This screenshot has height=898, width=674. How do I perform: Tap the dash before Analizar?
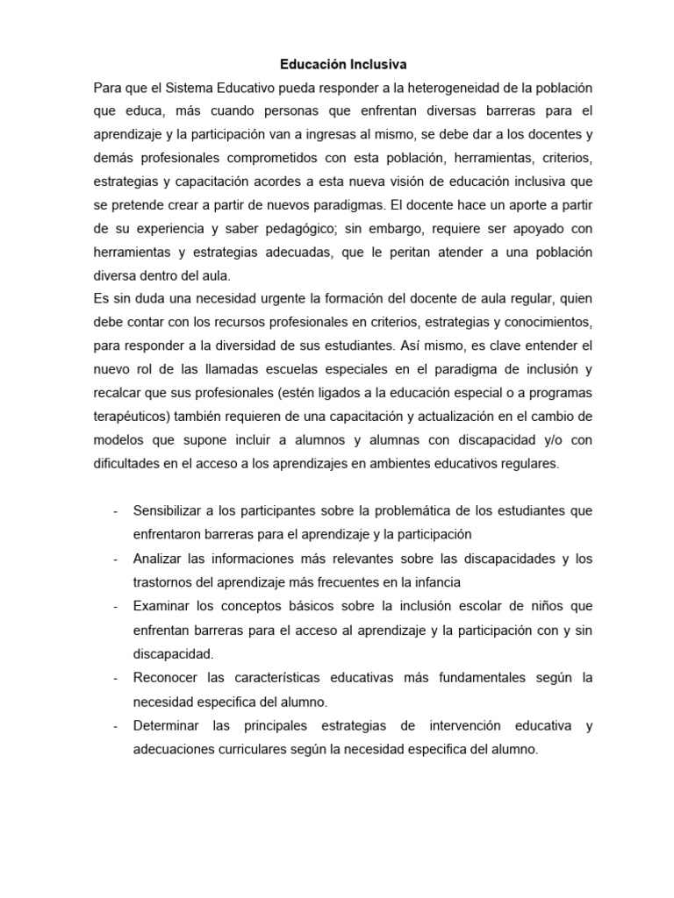coord(117,559)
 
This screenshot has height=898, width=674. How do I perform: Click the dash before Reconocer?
coord(117,678)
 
